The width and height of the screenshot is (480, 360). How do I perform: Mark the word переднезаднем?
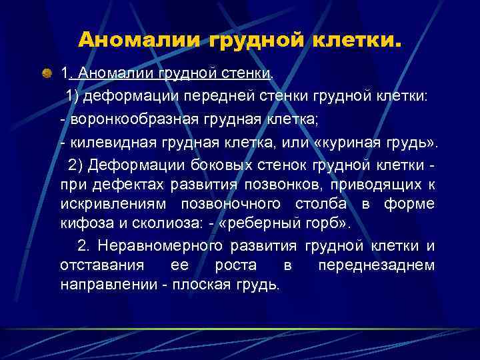tap(376, 265)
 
